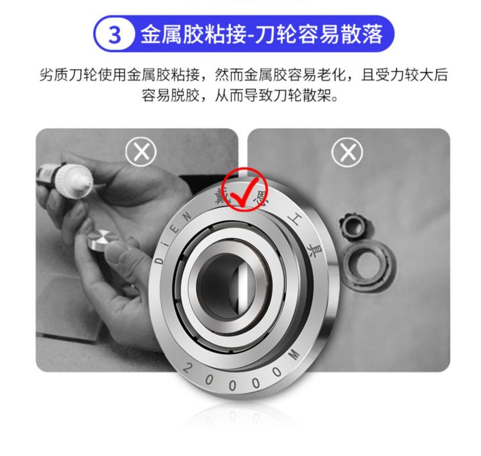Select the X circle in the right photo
click(348, 152)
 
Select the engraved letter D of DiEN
click(158, 262)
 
